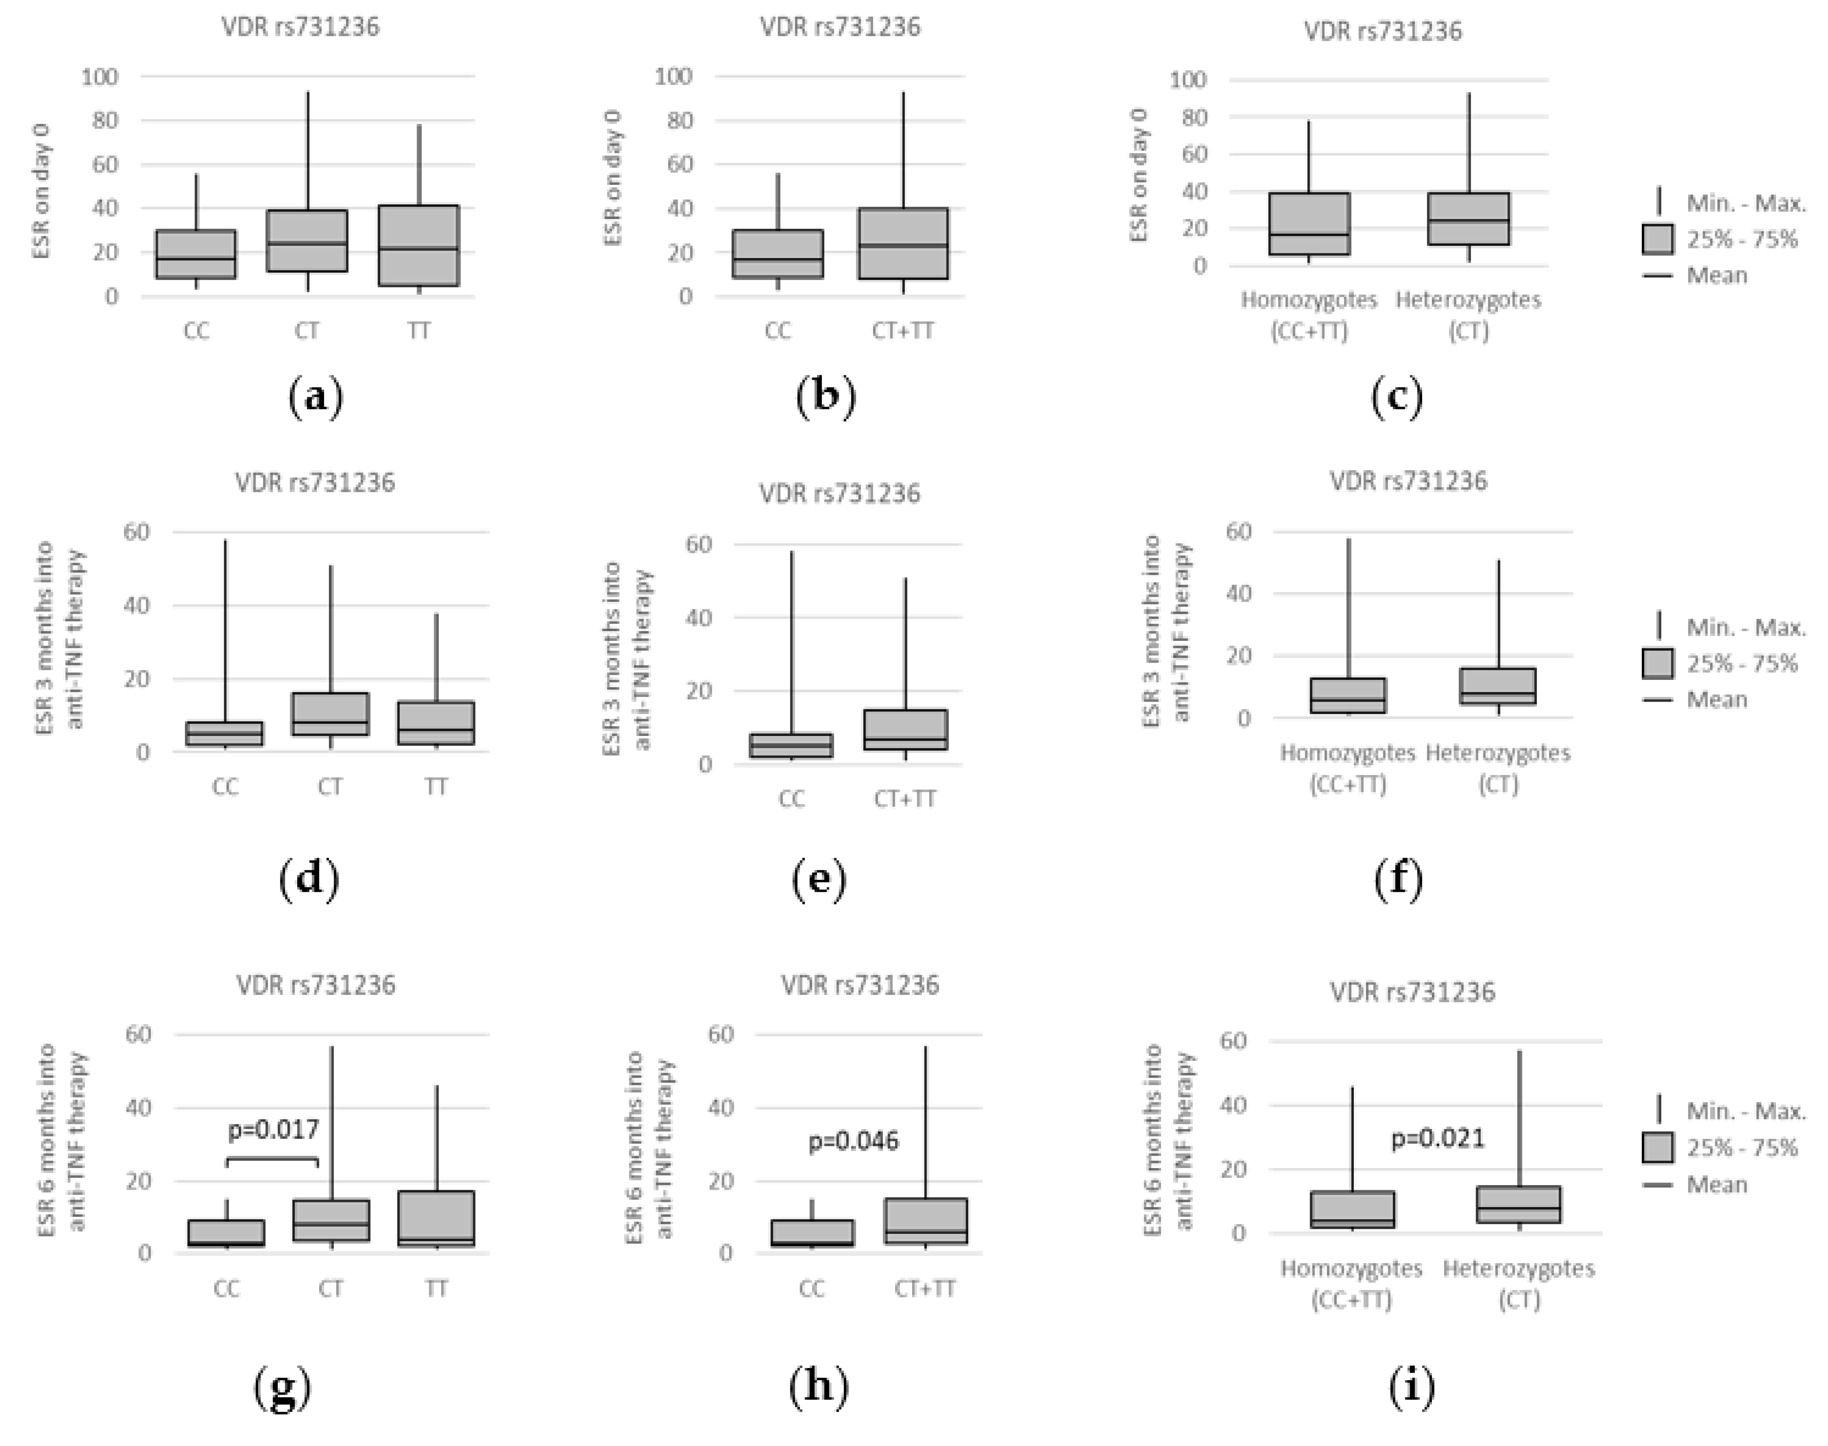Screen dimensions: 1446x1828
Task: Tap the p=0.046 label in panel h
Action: [x=853, y=1141]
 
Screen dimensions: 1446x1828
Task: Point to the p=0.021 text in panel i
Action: [x=1437, y=1139]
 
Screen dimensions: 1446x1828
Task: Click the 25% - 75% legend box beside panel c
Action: [x=1657, y=239]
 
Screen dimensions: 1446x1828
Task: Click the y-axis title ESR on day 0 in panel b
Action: [x=614, y=178]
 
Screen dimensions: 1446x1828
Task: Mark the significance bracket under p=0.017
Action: [x=272, y=1160]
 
